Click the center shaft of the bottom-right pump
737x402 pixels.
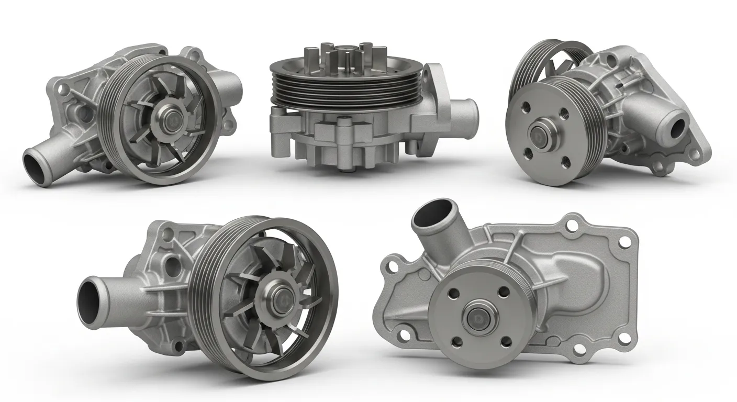[x=476, y=316]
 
